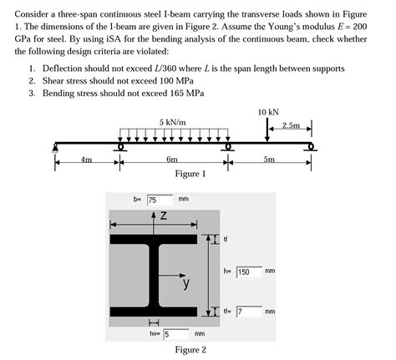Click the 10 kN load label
pos(268,110)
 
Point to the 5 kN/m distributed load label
pos(172,122)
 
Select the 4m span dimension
pos(86,159)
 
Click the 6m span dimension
pos(172,159)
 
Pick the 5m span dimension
pos(268,159)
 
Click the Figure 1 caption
pos(190,174)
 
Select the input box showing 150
pos(248,271)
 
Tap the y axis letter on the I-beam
pos(186,284)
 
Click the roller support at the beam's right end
pos(312,148)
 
